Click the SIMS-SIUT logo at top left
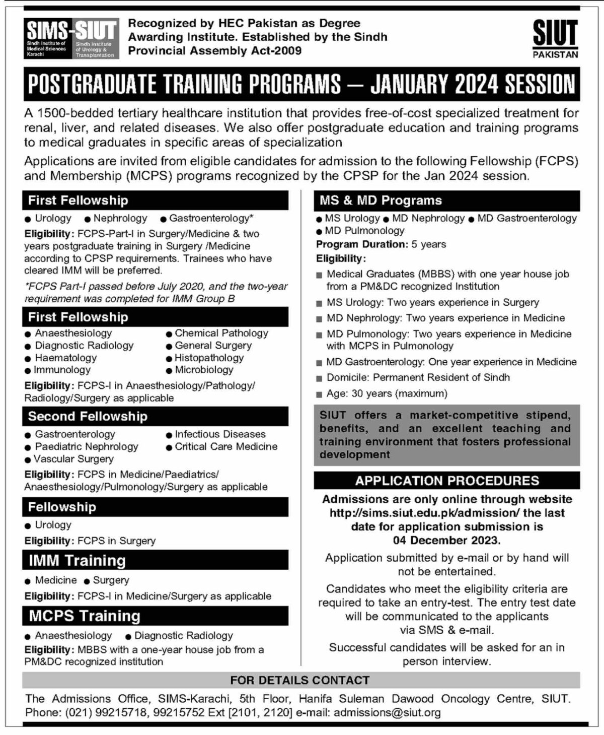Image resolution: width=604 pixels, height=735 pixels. (x=71, y=38)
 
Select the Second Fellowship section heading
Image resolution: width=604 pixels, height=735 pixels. (x=88, y=417)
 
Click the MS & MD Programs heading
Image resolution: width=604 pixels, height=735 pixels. (x=381, y=201)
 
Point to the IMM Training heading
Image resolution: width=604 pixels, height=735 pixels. (x=77, y=560)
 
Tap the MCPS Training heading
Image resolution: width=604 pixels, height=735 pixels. (x=84, y=616)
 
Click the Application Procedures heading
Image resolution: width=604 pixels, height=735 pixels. (x=447, y=481)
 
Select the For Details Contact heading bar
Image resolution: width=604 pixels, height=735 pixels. (x=300, y=680)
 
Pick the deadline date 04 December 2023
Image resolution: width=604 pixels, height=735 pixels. (x=446, y=541)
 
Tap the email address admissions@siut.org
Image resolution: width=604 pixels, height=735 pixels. (x=387, y=713)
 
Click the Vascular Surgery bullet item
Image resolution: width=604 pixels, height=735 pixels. (x=73, y=459)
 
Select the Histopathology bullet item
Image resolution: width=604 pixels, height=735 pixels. (x=209, y=358)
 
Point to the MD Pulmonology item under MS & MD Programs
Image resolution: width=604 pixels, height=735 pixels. (x=364, y=231)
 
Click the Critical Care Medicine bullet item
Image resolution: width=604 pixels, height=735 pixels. (x=226, y=446)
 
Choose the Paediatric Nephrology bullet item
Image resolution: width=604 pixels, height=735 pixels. (x=86, y=446)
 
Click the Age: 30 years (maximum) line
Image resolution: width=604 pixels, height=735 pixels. (x=387, y=393)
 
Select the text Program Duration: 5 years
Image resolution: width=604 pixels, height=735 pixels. (x=381, y=244)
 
